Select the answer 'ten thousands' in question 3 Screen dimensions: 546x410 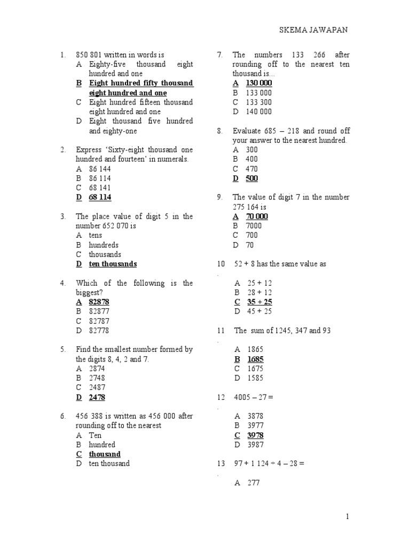pyautogui.click(x=113, y=264)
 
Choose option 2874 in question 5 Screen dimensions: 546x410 pyautogui.click(x=97, y=368)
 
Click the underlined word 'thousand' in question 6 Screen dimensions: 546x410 pyautogui.click(x=105, y=454)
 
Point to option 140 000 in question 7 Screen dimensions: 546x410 pyautogui.click(x=258, y=112)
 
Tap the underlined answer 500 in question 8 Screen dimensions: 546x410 pyautogui.click(x=251, y=179)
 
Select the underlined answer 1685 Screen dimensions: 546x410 pyautogui.click(x=255, y=359)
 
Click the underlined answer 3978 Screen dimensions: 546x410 pyautogui.click(x=255, y=435)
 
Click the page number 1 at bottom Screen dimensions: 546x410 pyautogui.click(x=347, y=517)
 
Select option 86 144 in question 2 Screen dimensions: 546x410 pyautogui.click(x=100, y=168)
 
